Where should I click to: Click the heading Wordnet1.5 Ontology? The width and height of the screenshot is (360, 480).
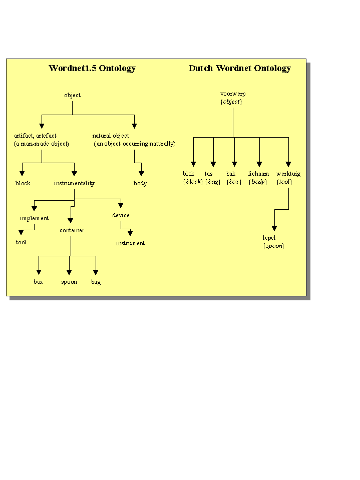click(x=92, y=69)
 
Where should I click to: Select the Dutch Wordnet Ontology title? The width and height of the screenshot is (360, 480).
click(x=239, y=69)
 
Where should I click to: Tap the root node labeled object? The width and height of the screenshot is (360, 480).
click(x=72, y=95)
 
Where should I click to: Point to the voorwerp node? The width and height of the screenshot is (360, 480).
click(x=233, y=94)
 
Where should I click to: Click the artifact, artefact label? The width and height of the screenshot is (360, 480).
click(x=35, y=136)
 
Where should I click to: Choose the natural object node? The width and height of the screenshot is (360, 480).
click(x=111, y=136)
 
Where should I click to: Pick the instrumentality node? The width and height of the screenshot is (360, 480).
click(x=74, y=183)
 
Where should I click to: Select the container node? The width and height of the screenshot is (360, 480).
click(x=72, y=230)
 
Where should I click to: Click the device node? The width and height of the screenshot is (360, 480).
click(x=121, y=215)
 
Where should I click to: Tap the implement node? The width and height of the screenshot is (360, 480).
click(x=34, y=218)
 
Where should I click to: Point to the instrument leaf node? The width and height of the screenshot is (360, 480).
click(x=130, y=243)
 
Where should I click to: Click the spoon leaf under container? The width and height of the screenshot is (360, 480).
click(x=69, y=282)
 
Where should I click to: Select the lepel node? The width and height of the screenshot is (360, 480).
click(x=269, y=238)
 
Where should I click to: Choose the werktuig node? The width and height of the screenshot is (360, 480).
click(x=288, y=174)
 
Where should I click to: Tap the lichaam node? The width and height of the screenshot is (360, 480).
click(x=258, y=174)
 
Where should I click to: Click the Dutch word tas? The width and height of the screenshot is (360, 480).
click(x=209, y=174)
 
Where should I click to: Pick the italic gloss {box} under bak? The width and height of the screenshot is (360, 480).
click(x=234, y=182)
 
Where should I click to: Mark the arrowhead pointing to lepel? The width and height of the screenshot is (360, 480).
click(x=274, y=228)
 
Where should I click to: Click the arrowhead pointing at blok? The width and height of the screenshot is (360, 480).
click(x=193, y=164)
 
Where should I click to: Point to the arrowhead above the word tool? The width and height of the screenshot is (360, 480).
click(x=21, y=232)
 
